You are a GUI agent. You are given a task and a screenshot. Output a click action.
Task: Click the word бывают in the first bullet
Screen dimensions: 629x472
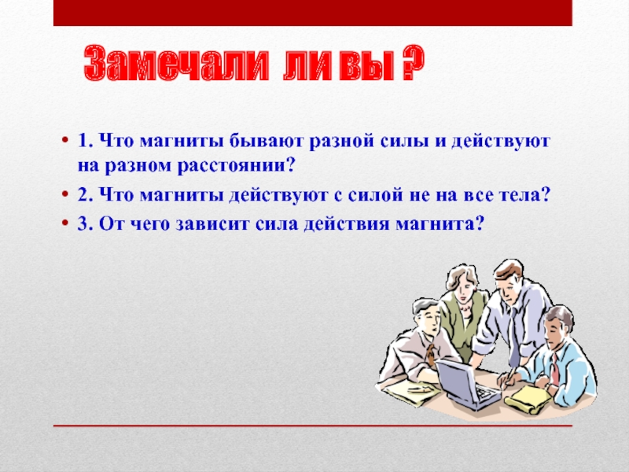267,142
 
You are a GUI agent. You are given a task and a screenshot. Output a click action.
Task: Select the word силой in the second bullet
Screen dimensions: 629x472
375,195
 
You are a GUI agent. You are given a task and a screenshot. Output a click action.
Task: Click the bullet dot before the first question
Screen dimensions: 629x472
64,142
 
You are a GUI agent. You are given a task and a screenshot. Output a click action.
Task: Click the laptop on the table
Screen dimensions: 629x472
467,384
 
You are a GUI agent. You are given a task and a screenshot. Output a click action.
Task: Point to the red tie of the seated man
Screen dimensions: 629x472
554,369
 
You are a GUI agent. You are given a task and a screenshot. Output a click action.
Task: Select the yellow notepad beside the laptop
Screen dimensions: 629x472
528,398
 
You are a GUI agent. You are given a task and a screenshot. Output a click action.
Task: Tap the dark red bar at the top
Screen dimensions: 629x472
312,13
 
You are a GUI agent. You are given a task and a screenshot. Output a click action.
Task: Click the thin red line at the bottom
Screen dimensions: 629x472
312,426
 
